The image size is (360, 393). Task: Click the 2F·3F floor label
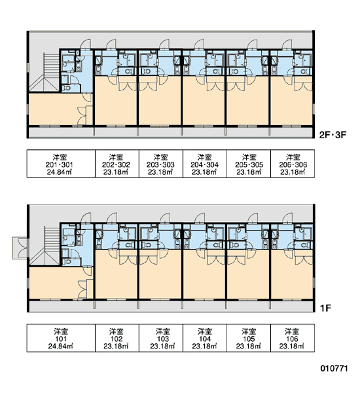(x=333, y=135)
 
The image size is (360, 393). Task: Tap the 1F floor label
(x=325, y=309)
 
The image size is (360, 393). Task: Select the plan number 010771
(x=334, y=368)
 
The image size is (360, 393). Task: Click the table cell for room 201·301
(x=61, y=164)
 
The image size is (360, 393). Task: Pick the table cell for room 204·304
(x=205, y=164)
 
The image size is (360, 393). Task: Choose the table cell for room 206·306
(x=293, y=164)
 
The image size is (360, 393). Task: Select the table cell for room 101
(x=61, y=338)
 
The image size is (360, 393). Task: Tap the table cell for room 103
(x=161, y=338)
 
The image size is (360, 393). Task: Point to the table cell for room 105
(x=249, y=338)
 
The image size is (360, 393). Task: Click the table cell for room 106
(x=293, y=338)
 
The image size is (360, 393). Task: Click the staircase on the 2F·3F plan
(x=48, y=71)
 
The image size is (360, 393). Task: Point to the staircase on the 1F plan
(x=48, y=246)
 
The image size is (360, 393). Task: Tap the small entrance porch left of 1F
(x=20, y=248)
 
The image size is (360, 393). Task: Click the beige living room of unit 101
(x=58, y=283)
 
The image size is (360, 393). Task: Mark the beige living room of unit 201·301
(x=58, y=109)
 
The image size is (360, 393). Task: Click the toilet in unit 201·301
(x=66, y=88)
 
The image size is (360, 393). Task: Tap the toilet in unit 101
(x=66, y=262)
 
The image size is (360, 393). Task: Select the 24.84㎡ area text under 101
(x=60, y=346)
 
